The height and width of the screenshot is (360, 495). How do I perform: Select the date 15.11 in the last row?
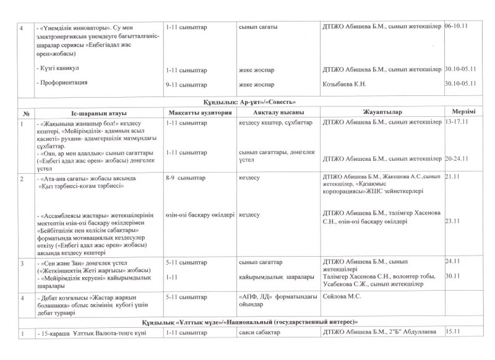point(454,334)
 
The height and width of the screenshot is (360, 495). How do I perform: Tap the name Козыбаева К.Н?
point(345,84)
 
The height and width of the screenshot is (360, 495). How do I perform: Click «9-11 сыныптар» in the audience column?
point(186,84)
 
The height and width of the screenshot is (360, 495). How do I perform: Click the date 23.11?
point(454,220)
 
